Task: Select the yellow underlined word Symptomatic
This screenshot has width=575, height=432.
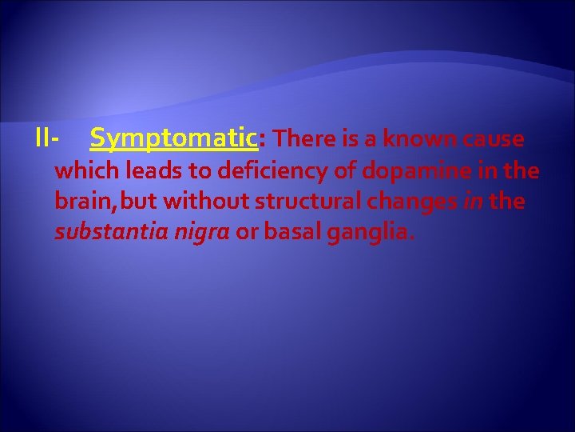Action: (x=173, y=139)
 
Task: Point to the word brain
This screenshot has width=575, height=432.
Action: (x=80, y=202)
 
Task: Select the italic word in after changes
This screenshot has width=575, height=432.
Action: (x=471, y=202)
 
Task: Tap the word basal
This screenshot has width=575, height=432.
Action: (x=292, y=232)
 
